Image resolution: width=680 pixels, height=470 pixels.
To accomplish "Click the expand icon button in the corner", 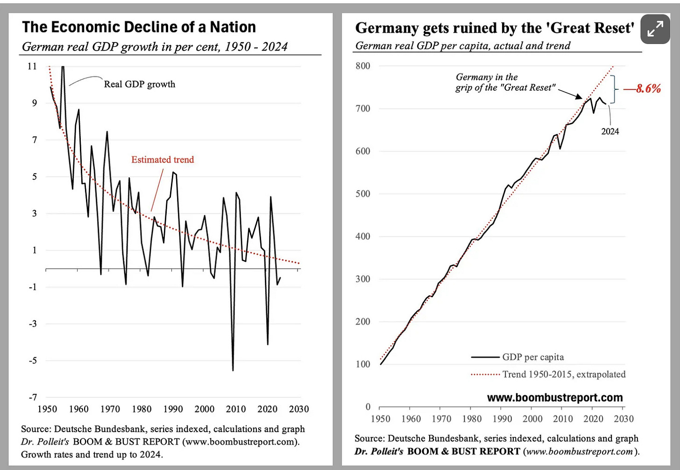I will [x=655, y=29].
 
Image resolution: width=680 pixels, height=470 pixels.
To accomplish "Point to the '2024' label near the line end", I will [x=610, y=131].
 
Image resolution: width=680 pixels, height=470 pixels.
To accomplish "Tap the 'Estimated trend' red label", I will [x=163, y=160].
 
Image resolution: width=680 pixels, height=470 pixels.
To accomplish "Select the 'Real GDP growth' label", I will [x=139, y=84].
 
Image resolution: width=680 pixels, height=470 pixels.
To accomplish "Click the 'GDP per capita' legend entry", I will [x=533, y=357].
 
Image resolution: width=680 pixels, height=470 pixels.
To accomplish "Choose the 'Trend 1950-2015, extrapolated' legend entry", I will [x=564, y=374].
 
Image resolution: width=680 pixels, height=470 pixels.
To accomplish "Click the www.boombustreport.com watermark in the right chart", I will [x=555, y=398].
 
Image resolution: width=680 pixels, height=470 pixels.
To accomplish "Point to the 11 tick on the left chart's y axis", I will [x=32, y=66].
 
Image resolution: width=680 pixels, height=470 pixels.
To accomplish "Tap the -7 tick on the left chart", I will [x=32, y=398].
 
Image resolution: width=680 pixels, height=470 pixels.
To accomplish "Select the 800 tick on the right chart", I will [x=362, y=66].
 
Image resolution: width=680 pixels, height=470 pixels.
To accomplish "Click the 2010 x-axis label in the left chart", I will [x=236, y=409].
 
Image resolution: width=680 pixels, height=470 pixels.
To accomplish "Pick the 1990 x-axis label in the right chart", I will [x=502, y=419].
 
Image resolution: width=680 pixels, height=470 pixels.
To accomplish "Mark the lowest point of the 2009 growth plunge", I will [x=233, y=370].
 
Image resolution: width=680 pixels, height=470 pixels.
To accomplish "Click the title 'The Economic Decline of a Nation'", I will [x=139, y=27].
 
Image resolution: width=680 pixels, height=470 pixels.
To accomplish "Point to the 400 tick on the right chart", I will [x=362, y=236].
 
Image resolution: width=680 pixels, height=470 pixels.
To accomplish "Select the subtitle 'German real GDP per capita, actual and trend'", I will [x=463, y=46].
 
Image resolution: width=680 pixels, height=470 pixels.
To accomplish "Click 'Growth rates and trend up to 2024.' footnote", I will [x=92, y=454].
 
